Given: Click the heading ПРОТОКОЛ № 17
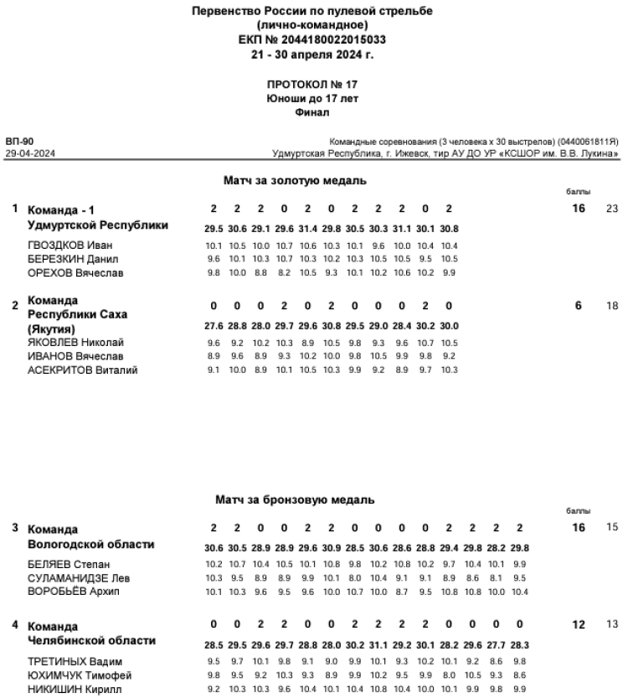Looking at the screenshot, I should tap(312, 85).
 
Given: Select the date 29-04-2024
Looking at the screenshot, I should tap(30, 154).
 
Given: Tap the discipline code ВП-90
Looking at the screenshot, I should tap(19, 142).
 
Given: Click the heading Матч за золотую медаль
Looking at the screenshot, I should tap(295, 180).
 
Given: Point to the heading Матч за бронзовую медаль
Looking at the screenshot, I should tap(295, 499).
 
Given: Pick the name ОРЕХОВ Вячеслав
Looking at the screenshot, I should tap(75, 272).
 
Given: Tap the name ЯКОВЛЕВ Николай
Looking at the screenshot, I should tap(75, 343).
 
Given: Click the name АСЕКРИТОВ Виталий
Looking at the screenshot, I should tap(82, 370).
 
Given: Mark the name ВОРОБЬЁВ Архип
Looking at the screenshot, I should tap(75, 591).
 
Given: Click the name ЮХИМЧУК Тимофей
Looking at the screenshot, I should tap(80, 675).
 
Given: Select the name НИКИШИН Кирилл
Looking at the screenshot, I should tap(75, 688).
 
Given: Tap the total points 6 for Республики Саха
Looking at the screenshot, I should tap(578, 306).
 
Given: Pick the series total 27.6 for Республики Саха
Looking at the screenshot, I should tap(214, 326).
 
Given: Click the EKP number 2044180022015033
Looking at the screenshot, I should tap(312, 39).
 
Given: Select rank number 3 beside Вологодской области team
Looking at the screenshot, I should tap(15, 528).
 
